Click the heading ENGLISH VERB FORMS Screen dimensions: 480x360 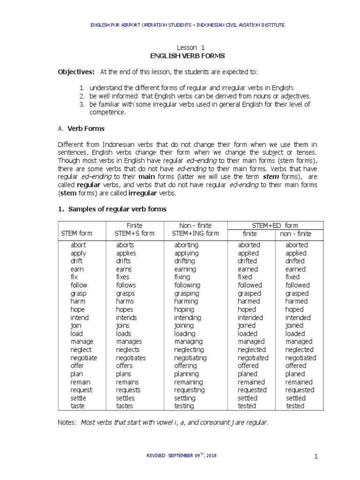point(187,56)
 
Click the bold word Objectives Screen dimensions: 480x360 point(76,71)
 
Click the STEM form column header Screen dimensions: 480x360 point(77,233)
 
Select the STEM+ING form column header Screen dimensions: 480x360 point(195,233)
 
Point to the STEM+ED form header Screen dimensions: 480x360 point(275,225)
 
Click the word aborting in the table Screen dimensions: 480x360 point(186,245)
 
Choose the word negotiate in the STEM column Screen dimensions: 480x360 point(84,358)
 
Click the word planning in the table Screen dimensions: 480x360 point(187,374)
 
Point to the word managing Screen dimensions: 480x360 point(187,342)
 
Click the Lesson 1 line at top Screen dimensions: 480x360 point(190,47)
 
